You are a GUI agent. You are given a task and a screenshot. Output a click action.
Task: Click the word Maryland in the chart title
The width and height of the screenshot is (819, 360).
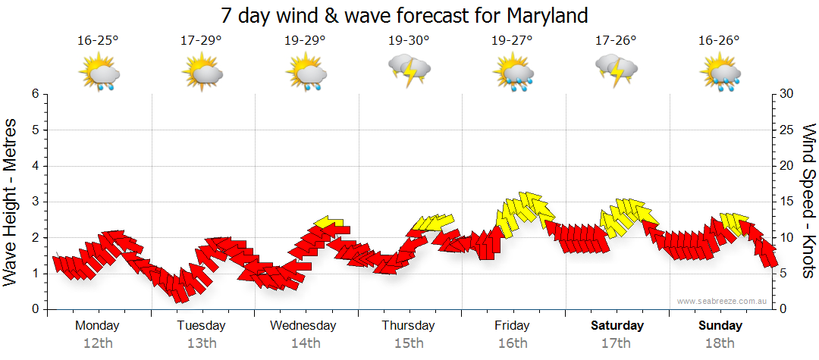pyautogui.click(x=544, y=15)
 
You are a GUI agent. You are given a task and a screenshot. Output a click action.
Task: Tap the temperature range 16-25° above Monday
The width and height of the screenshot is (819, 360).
pyautogui.click(x=98, y=40)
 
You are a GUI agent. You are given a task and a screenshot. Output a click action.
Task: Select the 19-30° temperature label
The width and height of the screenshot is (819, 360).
pyautogui.click(x=409, y=40)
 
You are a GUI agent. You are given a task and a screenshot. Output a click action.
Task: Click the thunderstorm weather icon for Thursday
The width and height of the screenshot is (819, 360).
pyautogui.click(x=409, y=71)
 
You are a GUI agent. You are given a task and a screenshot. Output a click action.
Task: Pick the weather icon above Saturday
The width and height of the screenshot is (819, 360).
pyautogui.click(x=617, y=71)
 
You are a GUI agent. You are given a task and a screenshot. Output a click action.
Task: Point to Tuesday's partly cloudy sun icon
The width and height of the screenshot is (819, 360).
pyautogui.click(x=201, y=74)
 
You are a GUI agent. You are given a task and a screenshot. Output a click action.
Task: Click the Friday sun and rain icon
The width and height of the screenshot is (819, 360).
pyautogui.click(x=513, y=74)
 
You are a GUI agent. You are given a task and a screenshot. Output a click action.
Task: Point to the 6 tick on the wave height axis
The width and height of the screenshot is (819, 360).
pyautogui.click(x=35, y=94)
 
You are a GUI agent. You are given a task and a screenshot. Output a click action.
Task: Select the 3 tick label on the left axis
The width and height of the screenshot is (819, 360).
pyautogui.click(x=35, y=202)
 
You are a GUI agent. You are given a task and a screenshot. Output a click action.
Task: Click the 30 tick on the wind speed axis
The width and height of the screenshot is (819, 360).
pyautogui.click(x=787, y=94)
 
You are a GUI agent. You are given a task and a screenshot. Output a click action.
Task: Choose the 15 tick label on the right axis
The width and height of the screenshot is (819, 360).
pyautogui.click(x=787, y=202)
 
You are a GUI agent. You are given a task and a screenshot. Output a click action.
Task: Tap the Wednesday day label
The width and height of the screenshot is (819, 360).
pyautogui.click(x=304, y=326)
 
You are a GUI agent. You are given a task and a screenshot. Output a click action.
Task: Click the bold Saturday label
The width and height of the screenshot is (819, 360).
pyautogui.click(x=617, y=326)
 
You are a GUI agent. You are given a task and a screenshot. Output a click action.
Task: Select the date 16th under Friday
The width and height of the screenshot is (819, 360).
pyautogui.click(x=513, y=343)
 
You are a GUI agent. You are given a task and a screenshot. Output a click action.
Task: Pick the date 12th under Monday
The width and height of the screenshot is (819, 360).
pyautogui.click(x=98, y=343)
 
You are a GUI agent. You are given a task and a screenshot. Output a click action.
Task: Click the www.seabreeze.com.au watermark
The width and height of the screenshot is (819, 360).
pyautogui.click(x=723, y=302)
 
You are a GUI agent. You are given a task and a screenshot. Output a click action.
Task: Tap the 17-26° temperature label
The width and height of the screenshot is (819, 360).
pyautogui.click(x=616, y=40)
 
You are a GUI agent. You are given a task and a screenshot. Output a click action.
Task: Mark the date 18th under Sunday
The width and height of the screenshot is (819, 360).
pyautogui.click(x=720, y=343)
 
